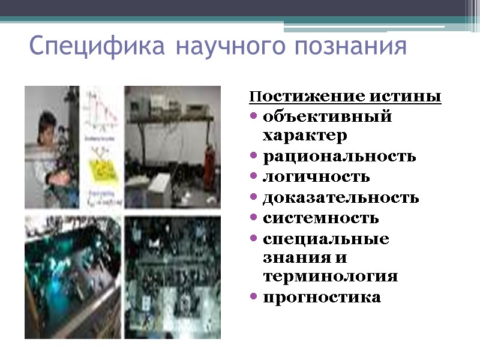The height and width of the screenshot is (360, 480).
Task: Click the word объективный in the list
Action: pyautogui.click(x=327, y=116)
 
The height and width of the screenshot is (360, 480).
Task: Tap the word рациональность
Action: pyautogui.click(x=339, y=157)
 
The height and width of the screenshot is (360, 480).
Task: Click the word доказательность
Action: pyautogui.click(x=341, y=197)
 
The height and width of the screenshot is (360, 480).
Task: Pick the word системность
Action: pyautogui.click(x=321, y=218)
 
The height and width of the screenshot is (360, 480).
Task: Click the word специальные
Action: pyautogui.click(x=326, y=239)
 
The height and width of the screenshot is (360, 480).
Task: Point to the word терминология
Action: pyautogui.click(x=331, y=277)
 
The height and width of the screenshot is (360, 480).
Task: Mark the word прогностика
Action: pyautogui.click(x=322, y=298)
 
